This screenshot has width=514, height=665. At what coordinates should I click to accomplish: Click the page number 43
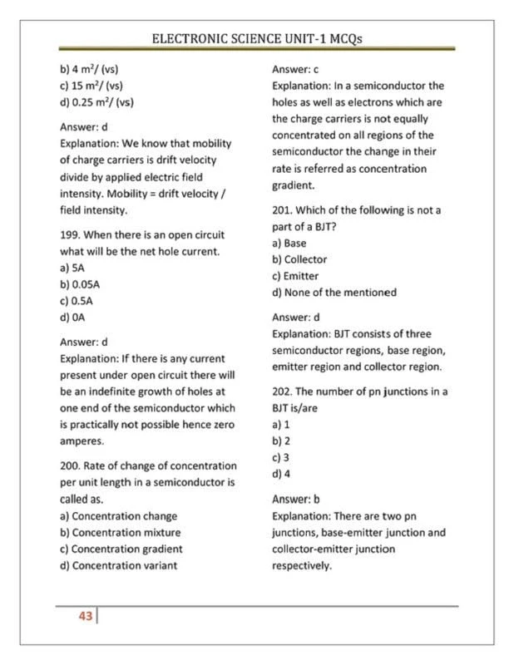click(84, 617)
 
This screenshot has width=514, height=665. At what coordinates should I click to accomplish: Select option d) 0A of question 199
click(74, 317)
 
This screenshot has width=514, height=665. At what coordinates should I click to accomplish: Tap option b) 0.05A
click(81, 285)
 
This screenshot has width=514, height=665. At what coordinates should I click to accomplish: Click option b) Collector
click(299, 259)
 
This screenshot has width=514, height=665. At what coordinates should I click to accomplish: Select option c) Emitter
click(295, 276)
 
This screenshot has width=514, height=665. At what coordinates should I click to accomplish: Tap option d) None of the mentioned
click(333, 293)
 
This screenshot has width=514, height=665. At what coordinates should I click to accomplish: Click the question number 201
click(282, 210)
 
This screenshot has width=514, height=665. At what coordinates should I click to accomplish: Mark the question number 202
click(282, 391)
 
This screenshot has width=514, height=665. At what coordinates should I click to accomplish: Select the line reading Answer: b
click(296, 500)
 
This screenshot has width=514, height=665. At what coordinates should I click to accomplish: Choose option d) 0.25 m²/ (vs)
click(96, 102)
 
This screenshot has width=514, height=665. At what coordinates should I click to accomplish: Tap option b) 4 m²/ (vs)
click(90, 69)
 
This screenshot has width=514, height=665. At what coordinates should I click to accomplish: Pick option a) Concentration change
click(119, 515)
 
